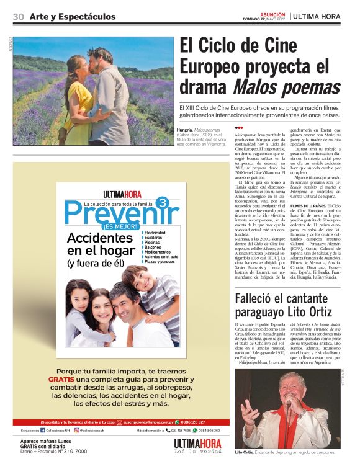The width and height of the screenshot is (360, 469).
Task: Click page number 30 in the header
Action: click(18, 17)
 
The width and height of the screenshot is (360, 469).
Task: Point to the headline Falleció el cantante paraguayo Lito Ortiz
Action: click(286, 306)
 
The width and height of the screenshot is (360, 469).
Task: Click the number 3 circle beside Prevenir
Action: click(162, 203)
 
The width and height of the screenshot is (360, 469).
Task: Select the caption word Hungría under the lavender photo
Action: click(186, 130)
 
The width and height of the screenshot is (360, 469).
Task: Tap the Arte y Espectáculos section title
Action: click(72, 17)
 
